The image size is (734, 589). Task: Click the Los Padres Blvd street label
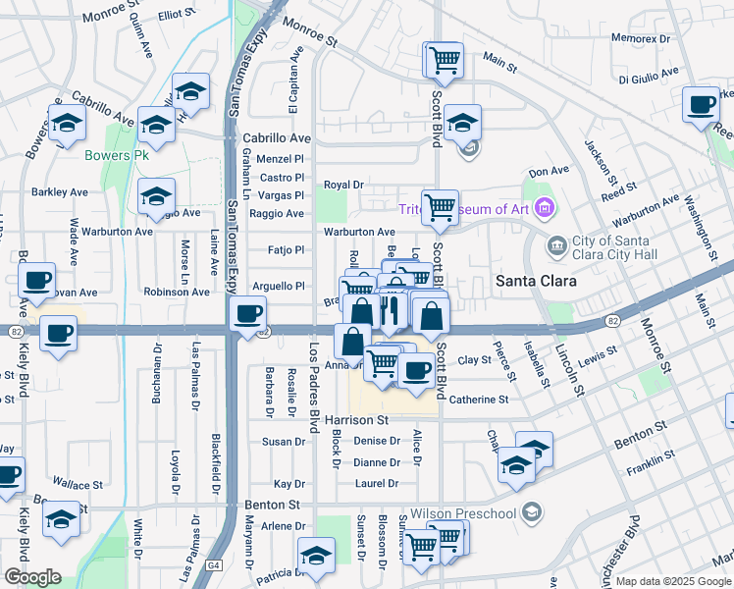(x=314, y=388)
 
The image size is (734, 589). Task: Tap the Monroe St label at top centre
(x=309, y=33)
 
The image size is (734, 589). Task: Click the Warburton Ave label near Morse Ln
(x=117, y=233)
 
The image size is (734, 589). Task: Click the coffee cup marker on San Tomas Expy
(x=246, y=314)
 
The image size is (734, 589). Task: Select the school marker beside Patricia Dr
(x=316, y=557)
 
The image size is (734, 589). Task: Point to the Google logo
(x=32, y=577)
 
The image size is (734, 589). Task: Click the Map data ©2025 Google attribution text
(x=673, y=581)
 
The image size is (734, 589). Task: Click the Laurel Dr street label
(x=377, y=484)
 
